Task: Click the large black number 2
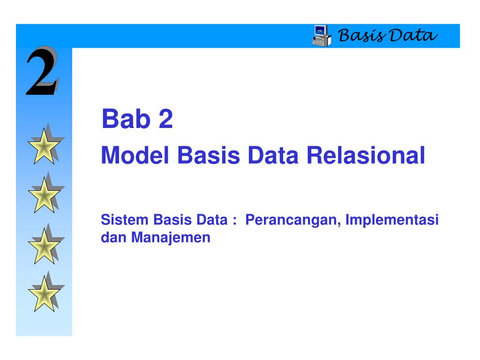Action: pyautogui.click(x=42, y=71)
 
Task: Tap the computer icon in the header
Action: pyautogui.click(x=322, y=36)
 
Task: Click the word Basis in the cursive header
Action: pyautogui.click(x=361, y=36)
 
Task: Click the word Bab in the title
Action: pyautogui.click(x=126, y=119)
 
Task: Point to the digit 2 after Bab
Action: pyautogui.click(x=165, y=119)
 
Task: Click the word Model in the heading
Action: pyautogui.click(x=135, y=155)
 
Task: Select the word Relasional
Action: pyautogui.click(x=366, y=155)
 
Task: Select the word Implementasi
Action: pyautogui.click(x=392, y=220)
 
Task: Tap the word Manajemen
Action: pyautogui.click(x=171, y=238)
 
